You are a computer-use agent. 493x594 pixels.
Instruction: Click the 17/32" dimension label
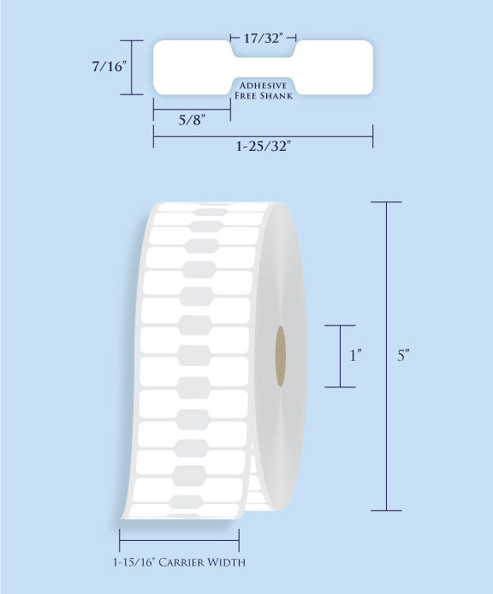(263, 38)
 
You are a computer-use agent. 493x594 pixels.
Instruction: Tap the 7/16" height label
(109, 67)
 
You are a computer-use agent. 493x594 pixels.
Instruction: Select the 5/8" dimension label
(192, 121)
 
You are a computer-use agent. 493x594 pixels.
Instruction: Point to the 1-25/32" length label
(263, 146)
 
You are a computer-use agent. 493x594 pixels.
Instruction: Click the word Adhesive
(263, 85)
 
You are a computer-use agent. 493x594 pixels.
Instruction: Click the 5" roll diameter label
(404, 356)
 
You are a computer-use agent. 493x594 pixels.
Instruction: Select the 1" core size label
(355, 356)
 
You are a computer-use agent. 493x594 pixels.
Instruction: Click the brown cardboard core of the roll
(281, 356)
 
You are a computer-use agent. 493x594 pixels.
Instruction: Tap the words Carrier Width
(202, 562)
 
